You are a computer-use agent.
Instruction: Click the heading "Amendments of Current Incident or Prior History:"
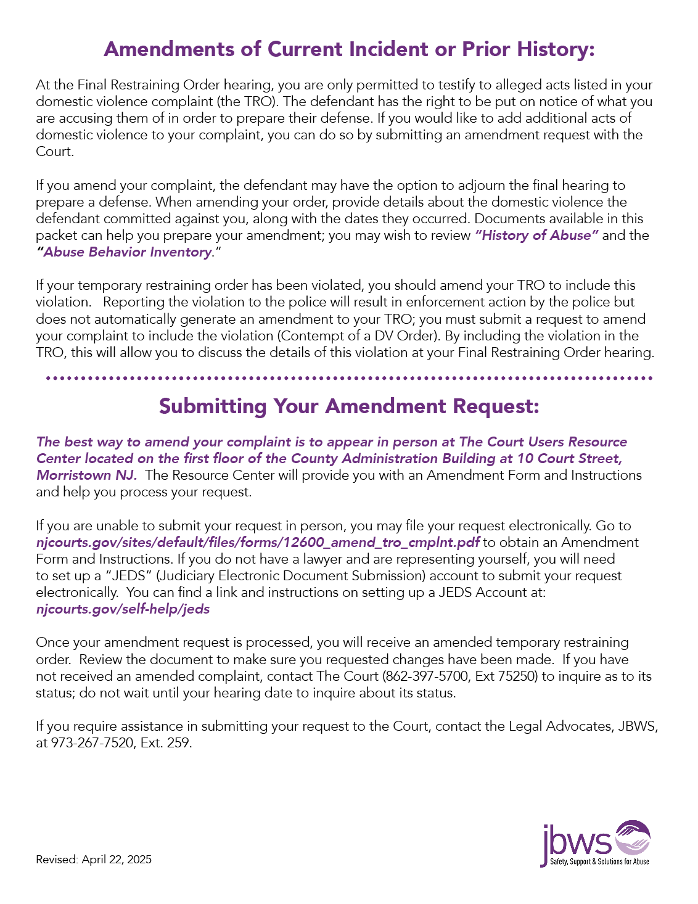(x=349, y=49)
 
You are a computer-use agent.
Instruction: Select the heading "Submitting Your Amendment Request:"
(x=349, y=406)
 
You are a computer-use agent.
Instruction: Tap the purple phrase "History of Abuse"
(x=536, y=236)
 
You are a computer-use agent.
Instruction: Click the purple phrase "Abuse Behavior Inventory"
(x=127, y=252)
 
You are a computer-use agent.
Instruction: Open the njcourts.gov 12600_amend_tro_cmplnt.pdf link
(x=258, y=543)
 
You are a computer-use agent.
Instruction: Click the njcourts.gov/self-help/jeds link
(x=123, y=609)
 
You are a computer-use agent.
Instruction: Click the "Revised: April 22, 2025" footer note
(x=94, y=860)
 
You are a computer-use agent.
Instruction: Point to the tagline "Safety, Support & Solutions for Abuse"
(x=599, y=862)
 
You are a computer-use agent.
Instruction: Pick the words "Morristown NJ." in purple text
(x=86, y=475)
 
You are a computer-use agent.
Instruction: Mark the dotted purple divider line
(x=349, y=377)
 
